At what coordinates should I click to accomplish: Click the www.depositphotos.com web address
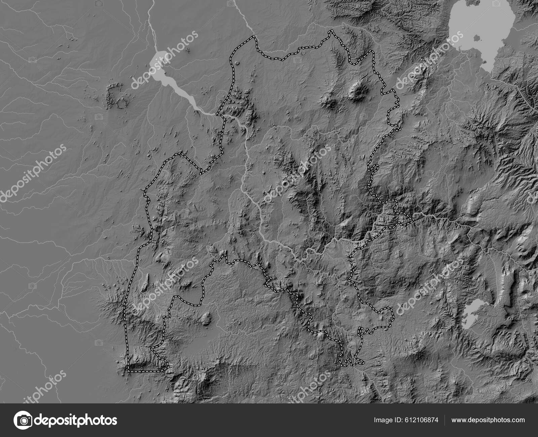[x=488, y=420]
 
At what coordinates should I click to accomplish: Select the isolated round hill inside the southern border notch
[x=207, y=316]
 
